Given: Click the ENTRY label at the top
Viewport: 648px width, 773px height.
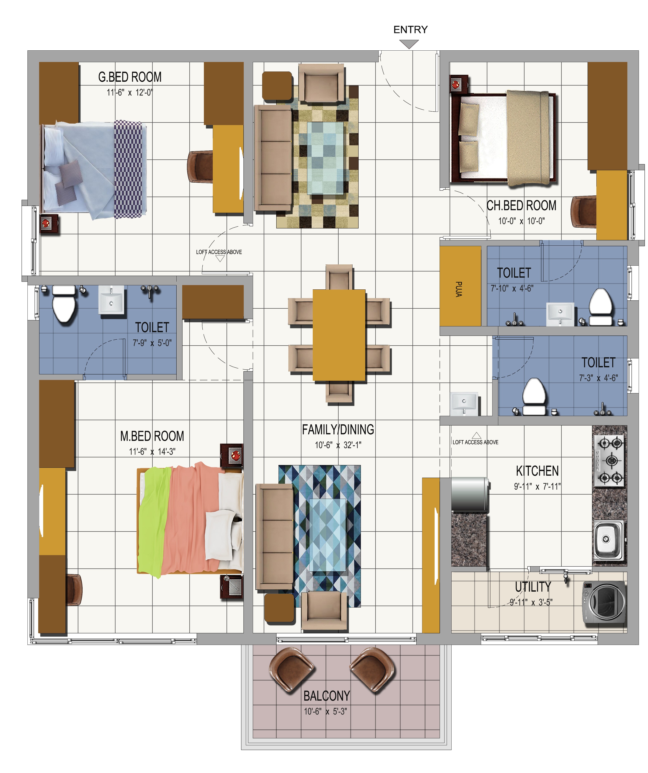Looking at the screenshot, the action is tap(410, 30).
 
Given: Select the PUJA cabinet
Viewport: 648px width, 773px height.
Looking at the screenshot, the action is tap(460, 286).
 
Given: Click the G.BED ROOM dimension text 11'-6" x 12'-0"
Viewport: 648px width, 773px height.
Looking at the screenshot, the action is tap(130, 92).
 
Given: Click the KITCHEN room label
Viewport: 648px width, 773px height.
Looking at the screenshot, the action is tap(537, 471).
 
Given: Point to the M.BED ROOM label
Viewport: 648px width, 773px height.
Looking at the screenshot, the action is tap(152, 436).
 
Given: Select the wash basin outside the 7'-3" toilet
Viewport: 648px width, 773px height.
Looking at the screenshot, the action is tap(464, 403).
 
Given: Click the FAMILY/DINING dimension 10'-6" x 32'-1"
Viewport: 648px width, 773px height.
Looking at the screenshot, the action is tap(338, 445).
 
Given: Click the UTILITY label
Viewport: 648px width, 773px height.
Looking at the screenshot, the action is tap(533, 587).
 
